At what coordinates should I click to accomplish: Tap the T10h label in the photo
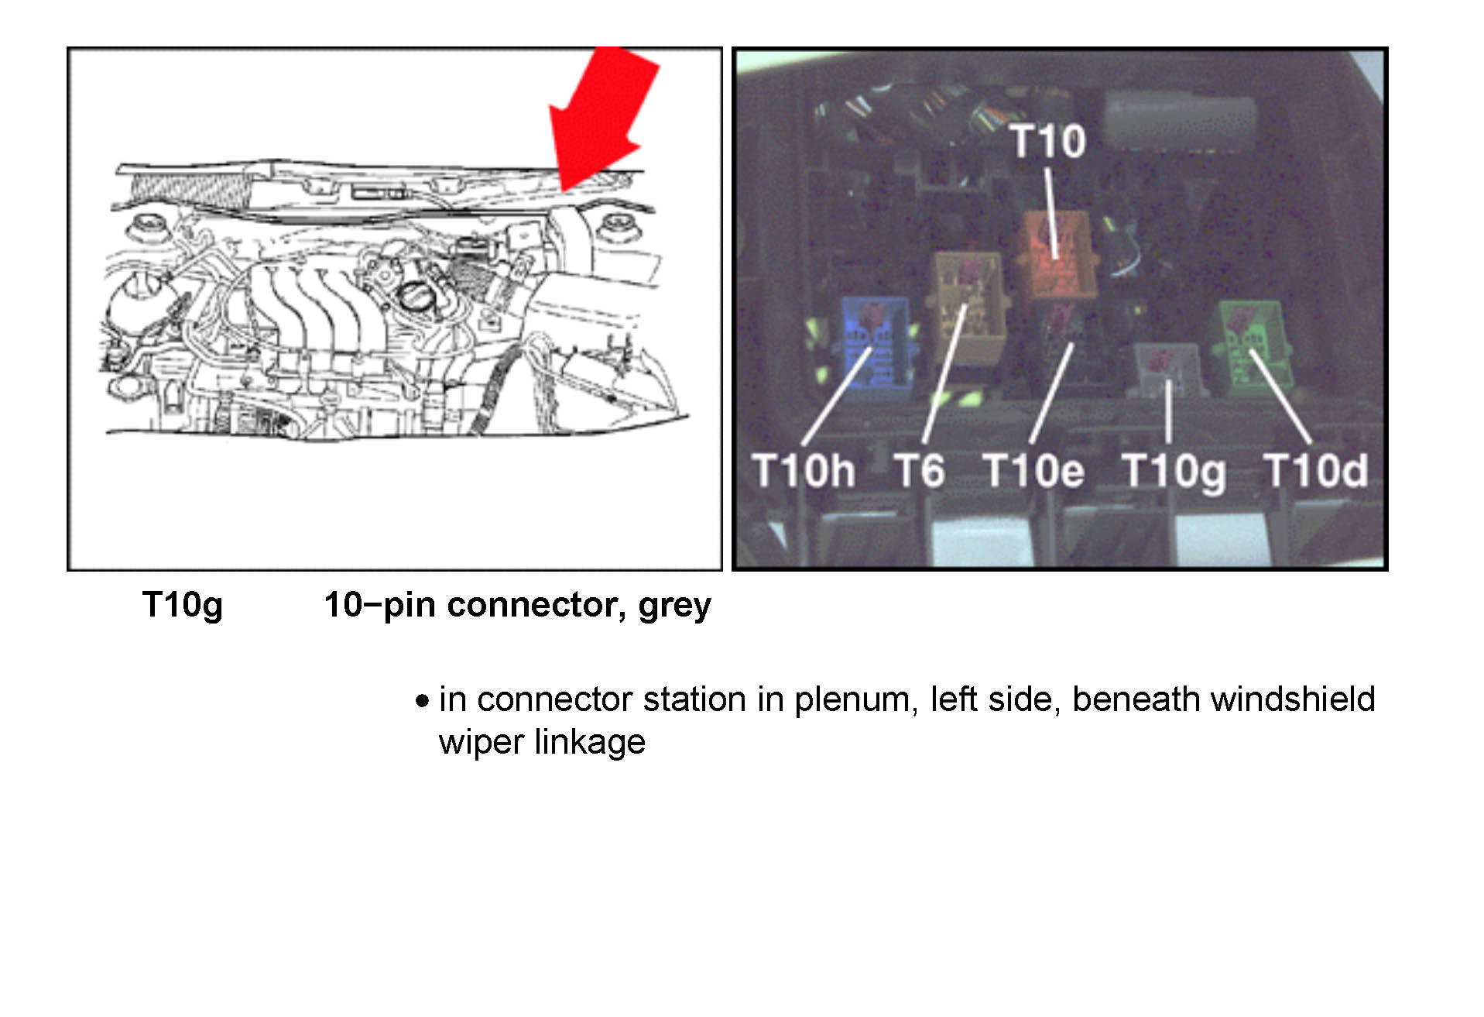[804, 470]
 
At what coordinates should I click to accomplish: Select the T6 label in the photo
[920, 470]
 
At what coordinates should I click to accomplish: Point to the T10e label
[1033, 470]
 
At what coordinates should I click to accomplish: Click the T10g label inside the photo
[1174, 472]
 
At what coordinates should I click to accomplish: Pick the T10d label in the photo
[1316, 470]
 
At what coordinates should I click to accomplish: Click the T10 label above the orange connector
[1048, 141]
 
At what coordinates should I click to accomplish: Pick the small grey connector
[1168, 367]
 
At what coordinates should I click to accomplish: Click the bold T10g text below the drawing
[182, 606]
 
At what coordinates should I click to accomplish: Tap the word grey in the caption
[674, 606]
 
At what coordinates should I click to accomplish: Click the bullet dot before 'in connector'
[422, 702]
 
